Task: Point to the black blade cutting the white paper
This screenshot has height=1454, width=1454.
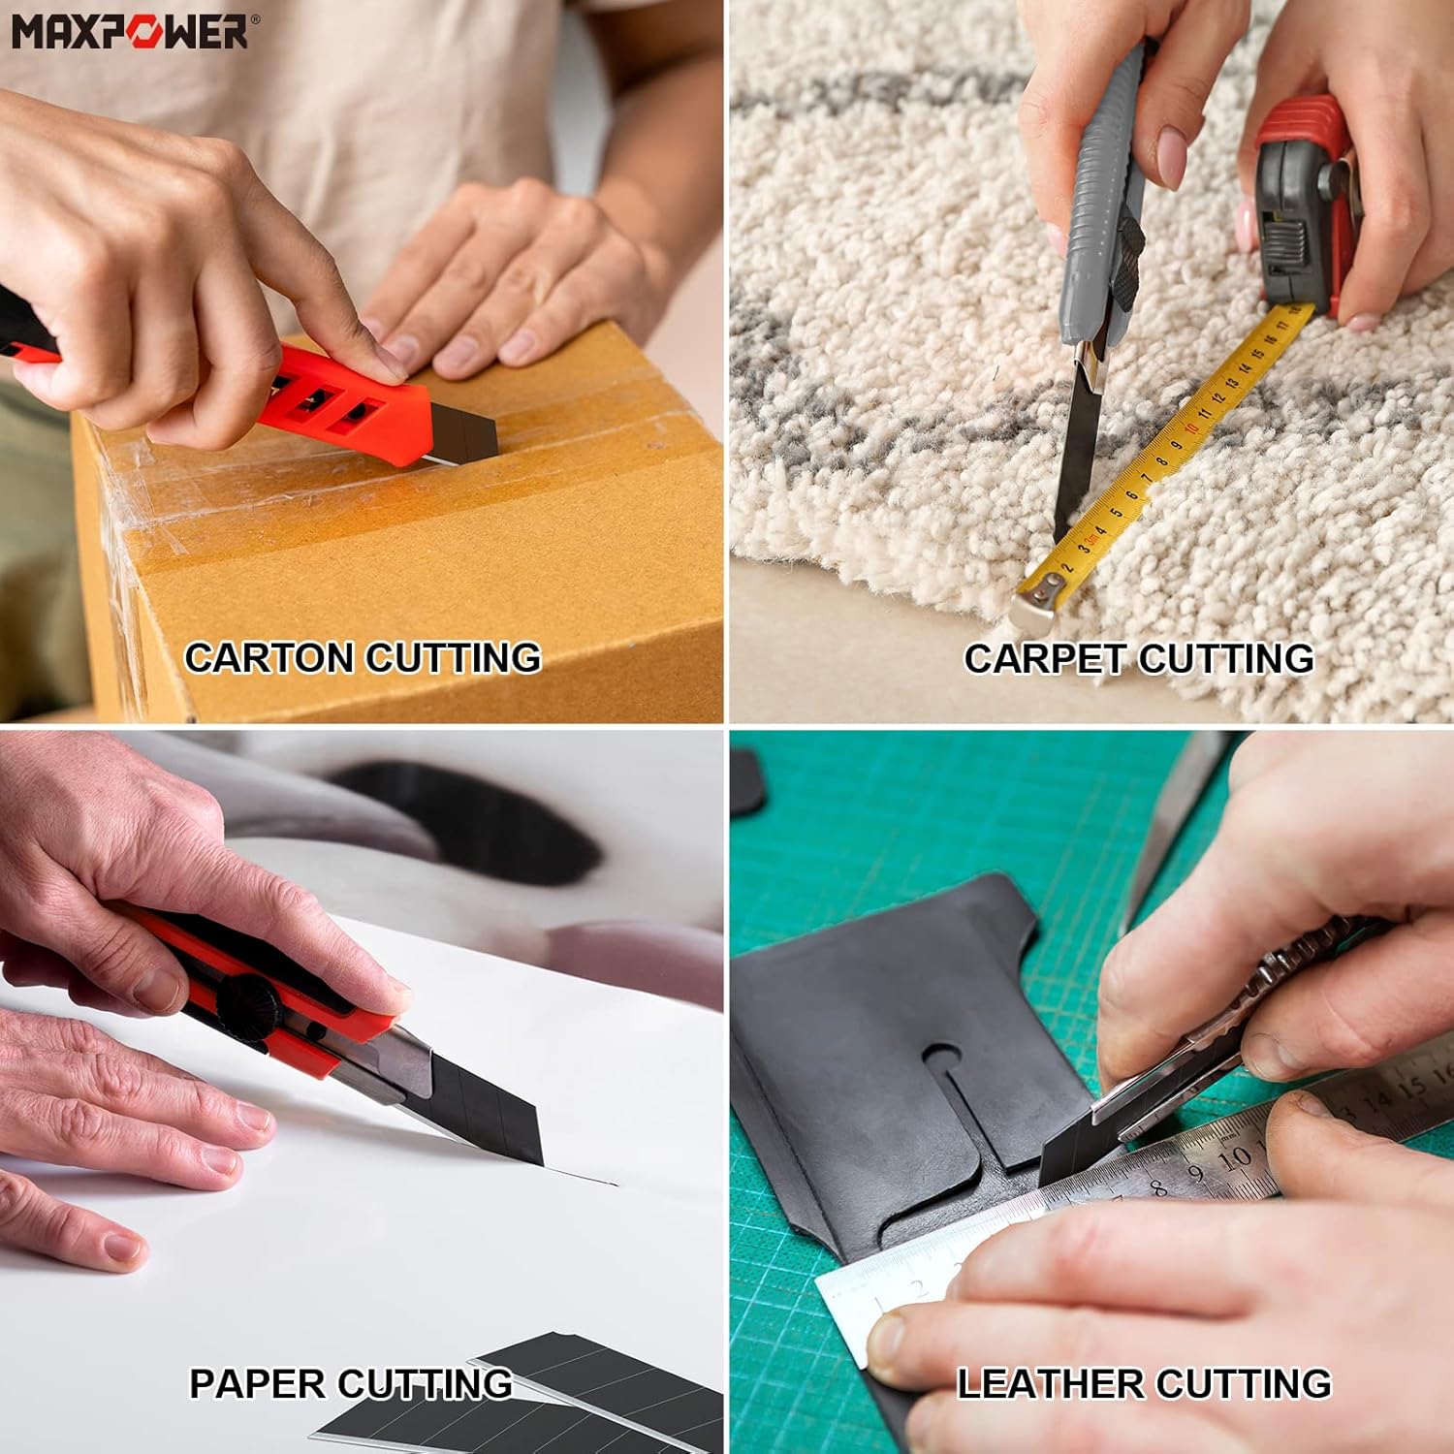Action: [x=485, y=1105]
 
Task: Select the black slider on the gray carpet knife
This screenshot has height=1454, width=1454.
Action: [x=1124, y=262]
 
